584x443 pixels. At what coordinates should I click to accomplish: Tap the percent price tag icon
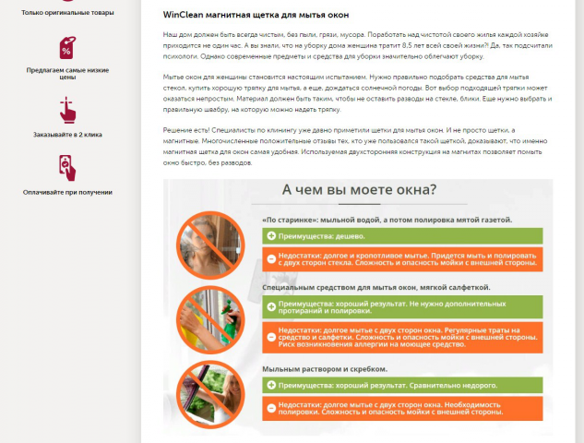[x=67, y=48]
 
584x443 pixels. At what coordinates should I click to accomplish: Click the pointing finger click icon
[x=67, y=110]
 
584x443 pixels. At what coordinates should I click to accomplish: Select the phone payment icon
[x=67, y=168]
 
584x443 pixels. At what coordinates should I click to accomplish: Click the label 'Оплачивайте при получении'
[x=67, y=192]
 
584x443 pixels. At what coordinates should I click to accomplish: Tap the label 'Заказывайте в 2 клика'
[x=67, y=135]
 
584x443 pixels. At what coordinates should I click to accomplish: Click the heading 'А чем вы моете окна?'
[x=359, y=189]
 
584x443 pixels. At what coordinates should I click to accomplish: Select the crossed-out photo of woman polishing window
[x=210, y=245]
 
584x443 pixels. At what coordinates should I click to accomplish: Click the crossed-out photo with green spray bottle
[x=210, y=319]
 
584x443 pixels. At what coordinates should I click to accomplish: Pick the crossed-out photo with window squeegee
[x=210, y=394]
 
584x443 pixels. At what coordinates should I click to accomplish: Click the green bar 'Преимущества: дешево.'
[x=402, y=236]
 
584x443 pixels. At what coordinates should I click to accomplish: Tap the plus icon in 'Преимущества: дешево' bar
[x=271, y=236]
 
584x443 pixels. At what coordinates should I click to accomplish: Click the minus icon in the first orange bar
[x=271, y=259]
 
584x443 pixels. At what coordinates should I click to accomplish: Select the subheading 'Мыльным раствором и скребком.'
[x=325, y=369]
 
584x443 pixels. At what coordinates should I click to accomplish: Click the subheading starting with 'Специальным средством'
[x=376, y=288]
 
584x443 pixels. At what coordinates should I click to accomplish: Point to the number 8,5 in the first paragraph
[x=407, y=45]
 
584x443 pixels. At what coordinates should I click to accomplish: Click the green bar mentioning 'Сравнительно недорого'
[x=402, y=385]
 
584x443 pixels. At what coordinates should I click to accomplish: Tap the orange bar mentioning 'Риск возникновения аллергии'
[x=402, y=338]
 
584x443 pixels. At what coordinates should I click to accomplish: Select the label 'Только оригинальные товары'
[x=67, y=13]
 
